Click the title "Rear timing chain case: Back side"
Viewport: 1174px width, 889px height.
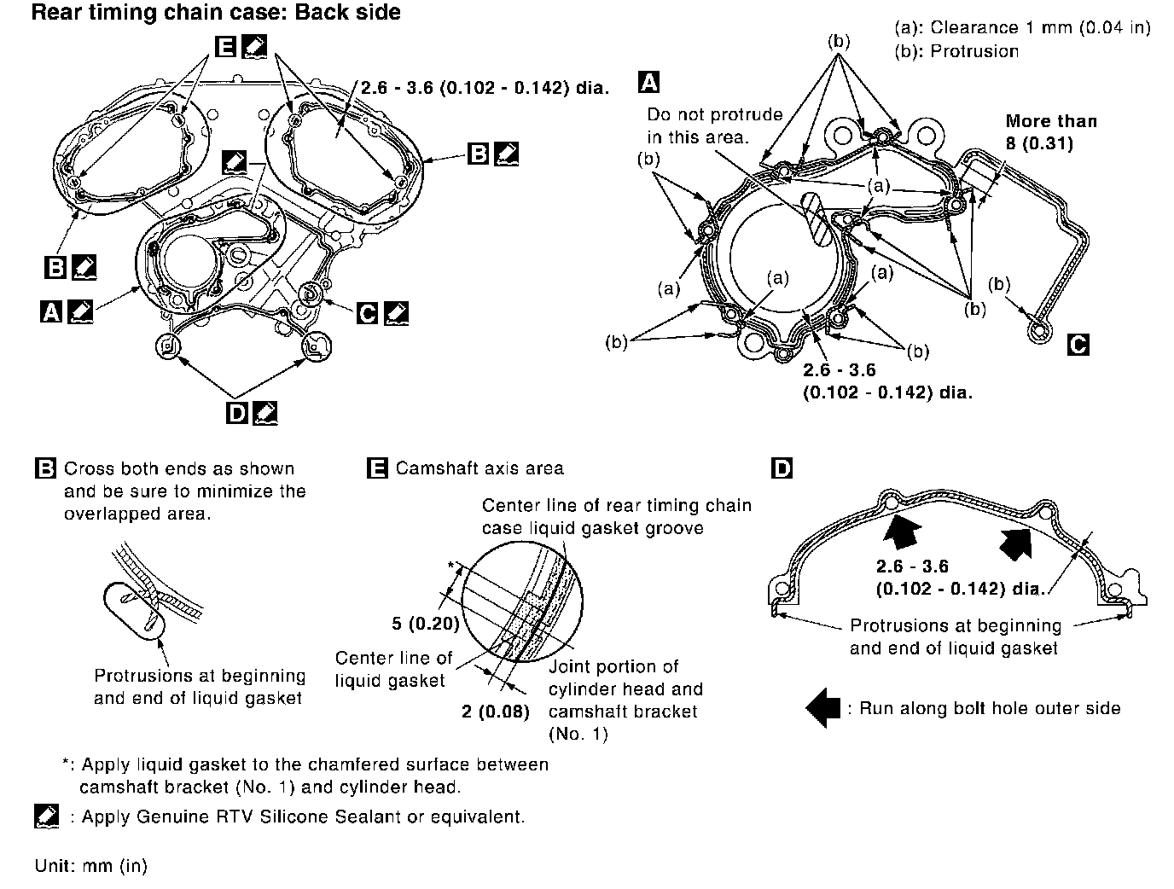216,13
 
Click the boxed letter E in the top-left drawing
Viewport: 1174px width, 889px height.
226,46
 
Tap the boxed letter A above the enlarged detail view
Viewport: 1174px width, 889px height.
648,82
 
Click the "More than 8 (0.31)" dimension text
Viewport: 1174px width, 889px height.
1051,132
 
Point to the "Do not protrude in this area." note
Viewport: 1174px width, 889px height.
714,125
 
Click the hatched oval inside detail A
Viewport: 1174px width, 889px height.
817,219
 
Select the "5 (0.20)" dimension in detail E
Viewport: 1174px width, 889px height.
426,623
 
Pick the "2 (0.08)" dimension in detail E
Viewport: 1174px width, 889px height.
495,711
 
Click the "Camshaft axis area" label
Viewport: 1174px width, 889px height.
479,468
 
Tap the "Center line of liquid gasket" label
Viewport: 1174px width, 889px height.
393,669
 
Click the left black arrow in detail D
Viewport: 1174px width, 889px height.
903,534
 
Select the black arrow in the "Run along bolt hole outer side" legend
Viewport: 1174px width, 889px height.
822,708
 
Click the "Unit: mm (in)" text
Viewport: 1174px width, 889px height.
91,865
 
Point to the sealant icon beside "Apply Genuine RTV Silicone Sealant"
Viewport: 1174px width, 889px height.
47,816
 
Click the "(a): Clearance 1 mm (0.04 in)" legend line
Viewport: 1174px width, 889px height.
1022,27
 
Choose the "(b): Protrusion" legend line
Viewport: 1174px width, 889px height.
956,51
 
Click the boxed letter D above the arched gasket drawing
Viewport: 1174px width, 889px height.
781,468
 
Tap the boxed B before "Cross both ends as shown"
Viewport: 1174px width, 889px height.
45,468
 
